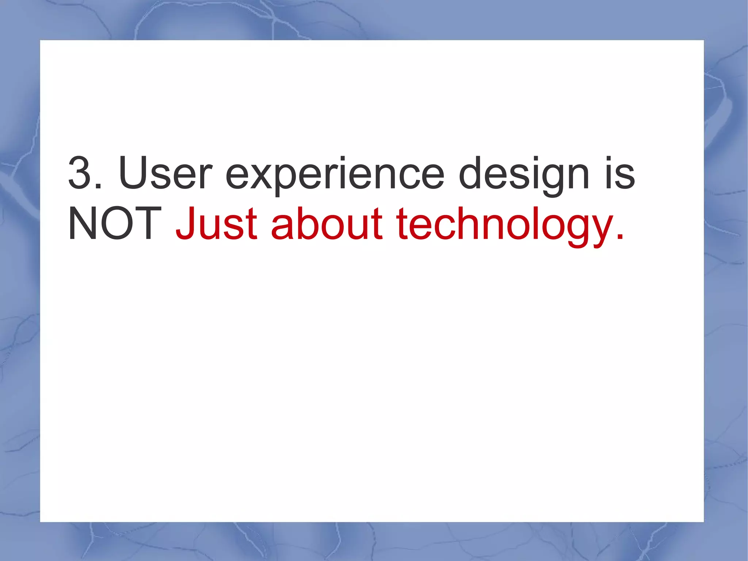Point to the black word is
pyautogui.click(x=620, y=173)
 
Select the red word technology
pyautogui.click(x=505, y=226)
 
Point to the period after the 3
pyautogui.click(x=98, y=186)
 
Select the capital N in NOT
pyautogui.click(x=82, y=224)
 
